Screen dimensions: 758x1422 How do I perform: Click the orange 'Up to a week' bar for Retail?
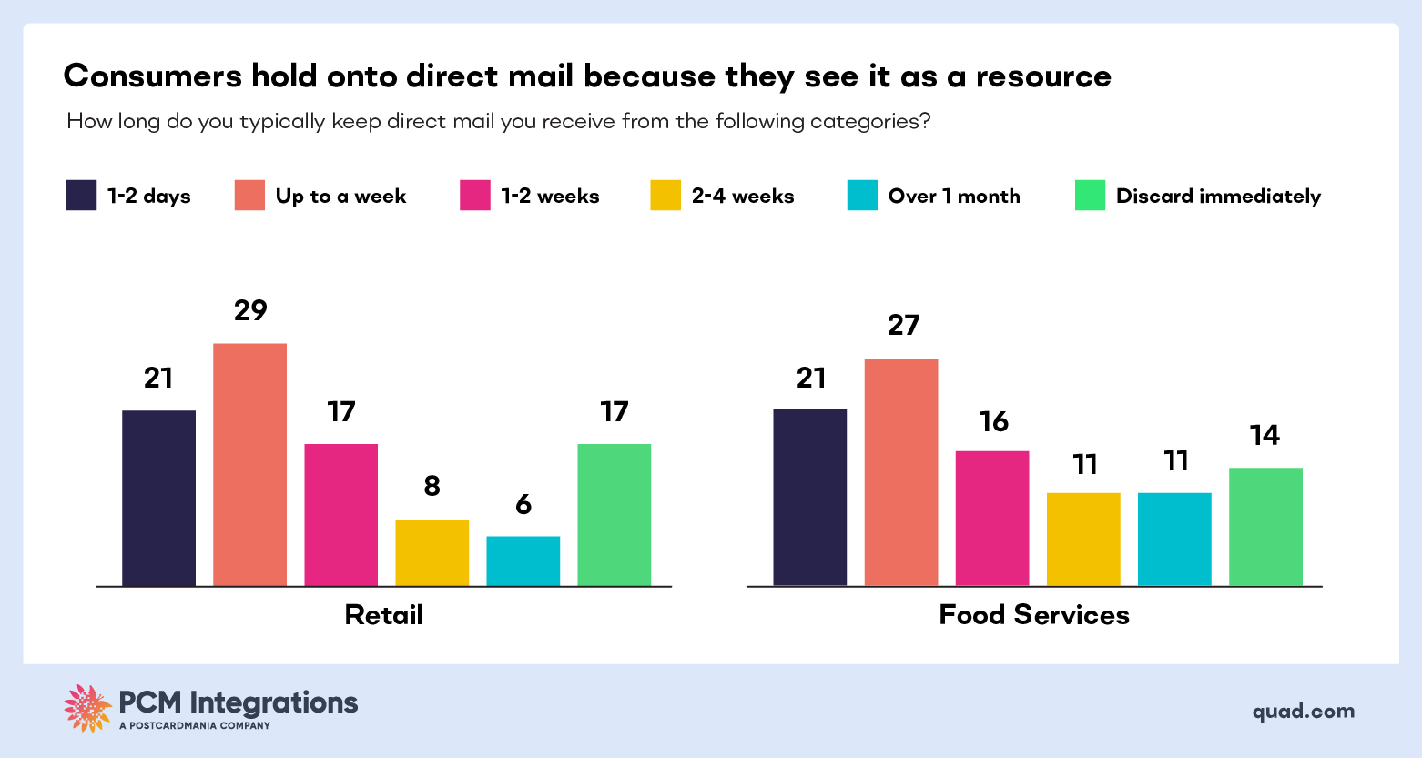pyautogui.click(x=249, y=464)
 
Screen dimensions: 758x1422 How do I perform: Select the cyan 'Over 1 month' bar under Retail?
pyautogui.click(x=523, y=561)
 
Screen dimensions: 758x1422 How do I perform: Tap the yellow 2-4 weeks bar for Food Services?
pyautogui.click(x=1083, y=539)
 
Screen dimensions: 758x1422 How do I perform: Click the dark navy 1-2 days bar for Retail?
pyautogui.click(x=158, y=498)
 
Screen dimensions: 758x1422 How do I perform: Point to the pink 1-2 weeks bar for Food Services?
pyautogui.click(x=992, y=518)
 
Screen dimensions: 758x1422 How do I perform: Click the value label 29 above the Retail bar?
pyautogui.click(x=250, y=311)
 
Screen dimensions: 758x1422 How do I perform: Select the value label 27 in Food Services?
pyautogui.click(x=903, y=326)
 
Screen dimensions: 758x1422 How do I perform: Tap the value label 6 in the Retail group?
pyautogui.click(x=523, y=505)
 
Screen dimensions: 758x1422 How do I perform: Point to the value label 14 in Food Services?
pyautogui.click(x=1265, y=436)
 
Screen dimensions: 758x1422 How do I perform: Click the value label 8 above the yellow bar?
pyautogui.click(x=432, y=487)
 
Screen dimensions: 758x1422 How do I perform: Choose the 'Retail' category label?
pyautogui.click(x=383, y=615)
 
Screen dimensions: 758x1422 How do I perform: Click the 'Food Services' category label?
pyautogui.click(x=1034, y=615)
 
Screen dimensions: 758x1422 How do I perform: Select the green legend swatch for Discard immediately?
pyautogui.click(x=1090, y=196)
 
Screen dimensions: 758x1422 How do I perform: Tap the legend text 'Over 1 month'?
pyautogui.click(x=954, y=197)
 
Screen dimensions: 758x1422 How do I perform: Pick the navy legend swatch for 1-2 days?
pyautogui.click(x=81, y=196)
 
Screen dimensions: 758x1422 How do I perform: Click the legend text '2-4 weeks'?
pyautogui.click(x=743, y=197)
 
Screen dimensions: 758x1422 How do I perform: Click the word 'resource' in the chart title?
pyautogui.click(x=1043, y=76)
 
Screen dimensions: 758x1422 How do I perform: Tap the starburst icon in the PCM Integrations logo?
pyautogui.click(x=87, y=708)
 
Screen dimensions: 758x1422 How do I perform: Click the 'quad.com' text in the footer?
pyautogui.click(x=1303, y=712)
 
